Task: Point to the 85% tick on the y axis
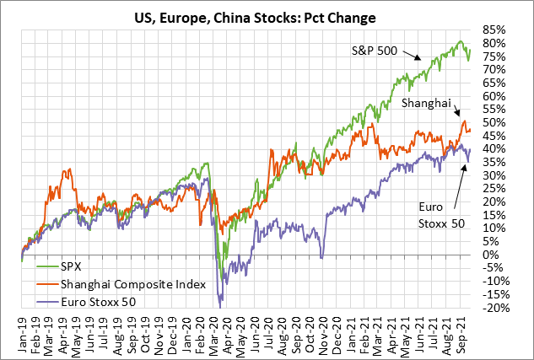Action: (494, 30)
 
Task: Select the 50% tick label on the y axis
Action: (494, 122)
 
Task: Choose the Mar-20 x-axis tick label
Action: (215, 333)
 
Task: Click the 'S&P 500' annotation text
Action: (375, 50)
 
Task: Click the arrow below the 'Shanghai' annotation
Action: (456, 112)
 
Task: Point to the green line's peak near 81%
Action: (461, 41)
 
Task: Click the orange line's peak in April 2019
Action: (67, 172)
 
